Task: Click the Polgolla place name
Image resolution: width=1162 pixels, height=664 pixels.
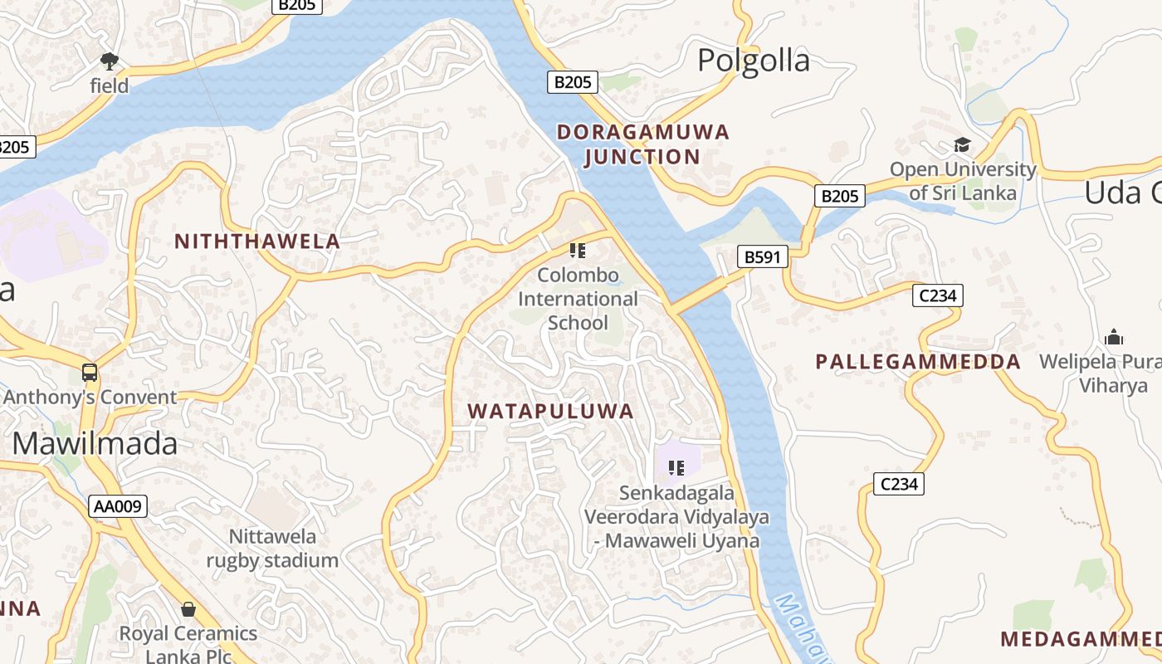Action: click(x=753, y=61)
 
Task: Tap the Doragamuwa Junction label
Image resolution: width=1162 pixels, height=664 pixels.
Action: click(x=642, y=144)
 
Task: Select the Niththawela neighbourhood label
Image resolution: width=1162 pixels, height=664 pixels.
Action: click(x=257, y=242)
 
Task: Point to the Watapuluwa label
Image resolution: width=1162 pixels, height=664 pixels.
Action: click(x=550, y=411)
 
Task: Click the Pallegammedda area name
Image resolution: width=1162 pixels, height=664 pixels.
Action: click(x=918, y=362)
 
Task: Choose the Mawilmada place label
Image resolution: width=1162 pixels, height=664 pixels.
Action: click(x=95, y=444)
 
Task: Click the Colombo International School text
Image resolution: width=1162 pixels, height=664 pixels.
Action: click(x=578, y=298)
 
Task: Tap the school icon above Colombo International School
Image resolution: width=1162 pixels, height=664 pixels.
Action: click(x=578, y=250)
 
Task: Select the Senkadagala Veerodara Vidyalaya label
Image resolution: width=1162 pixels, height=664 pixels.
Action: click(x=676, y=516)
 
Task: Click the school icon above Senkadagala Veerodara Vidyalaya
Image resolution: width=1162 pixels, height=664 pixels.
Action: click(x=676, y=468)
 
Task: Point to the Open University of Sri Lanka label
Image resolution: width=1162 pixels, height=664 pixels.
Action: click(x=963, y=181)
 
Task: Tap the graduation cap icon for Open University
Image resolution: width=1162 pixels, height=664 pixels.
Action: click(x=962, y=145)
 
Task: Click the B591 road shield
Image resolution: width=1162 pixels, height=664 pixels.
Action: click(x=762, y=257)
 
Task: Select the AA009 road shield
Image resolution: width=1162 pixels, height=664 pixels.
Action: click(x=118, y=506)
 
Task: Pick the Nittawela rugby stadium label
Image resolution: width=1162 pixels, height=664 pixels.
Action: click(x=272, y=548)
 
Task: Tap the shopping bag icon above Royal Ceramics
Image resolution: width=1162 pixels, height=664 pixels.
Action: click(x=188, y=610)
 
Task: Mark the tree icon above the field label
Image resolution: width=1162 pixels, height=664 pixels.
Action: click(x=109, y=61)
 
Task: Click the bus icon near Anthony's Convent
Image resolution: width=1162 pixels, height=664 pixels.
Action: click(x=90, y=373)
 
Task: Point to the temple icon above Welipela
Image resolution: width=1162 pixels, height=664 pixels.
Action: click(x=1113, y=337)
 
